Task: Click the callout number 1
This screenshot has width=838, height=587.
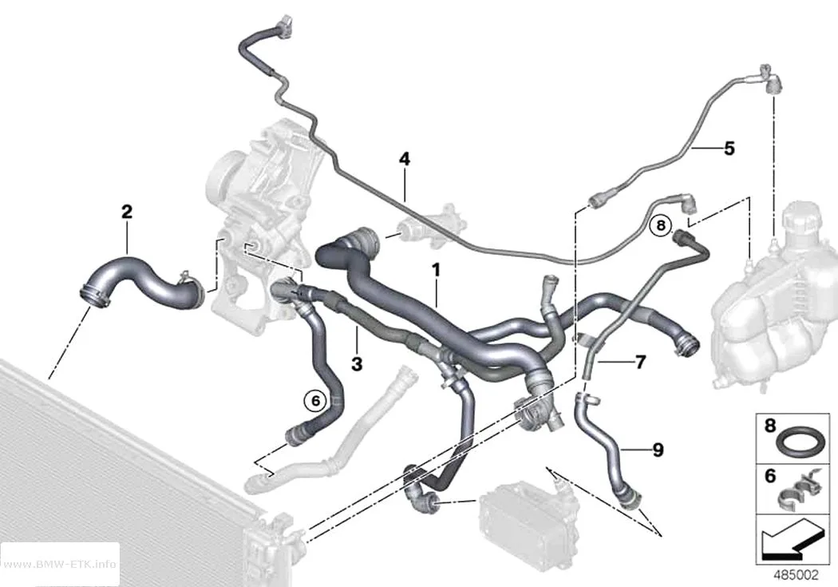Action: [x=437, y=270]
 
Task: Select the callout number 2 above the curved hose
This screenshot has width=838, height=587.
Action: [x=127, y=212]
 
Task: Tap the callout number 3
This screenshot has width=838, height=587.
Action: [x=357, y=364]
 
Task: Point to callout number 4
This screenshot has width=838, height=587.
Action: [x=405, y=159]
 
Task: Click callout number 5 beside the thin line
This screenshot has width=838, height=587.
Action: [x=729, y=148]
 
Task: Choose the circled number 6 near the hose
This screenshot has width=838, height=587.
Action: [x=314, y=399]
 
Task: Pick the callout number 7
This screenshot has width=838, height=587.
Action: [x=641, y=363]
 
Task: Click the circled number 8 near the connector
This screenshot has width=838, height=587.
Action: [x=661, y=225]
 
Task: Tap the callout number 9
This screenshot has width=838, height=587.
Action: [x=658, y=450]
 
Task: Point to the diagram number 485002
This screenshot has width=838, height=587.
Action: [x=796, y=575]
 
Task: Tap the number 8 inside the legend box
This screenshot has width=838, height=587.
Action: [x=769, y=426]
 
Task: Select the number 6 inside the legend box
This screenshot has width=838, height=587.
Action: [x=770, y=475]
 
